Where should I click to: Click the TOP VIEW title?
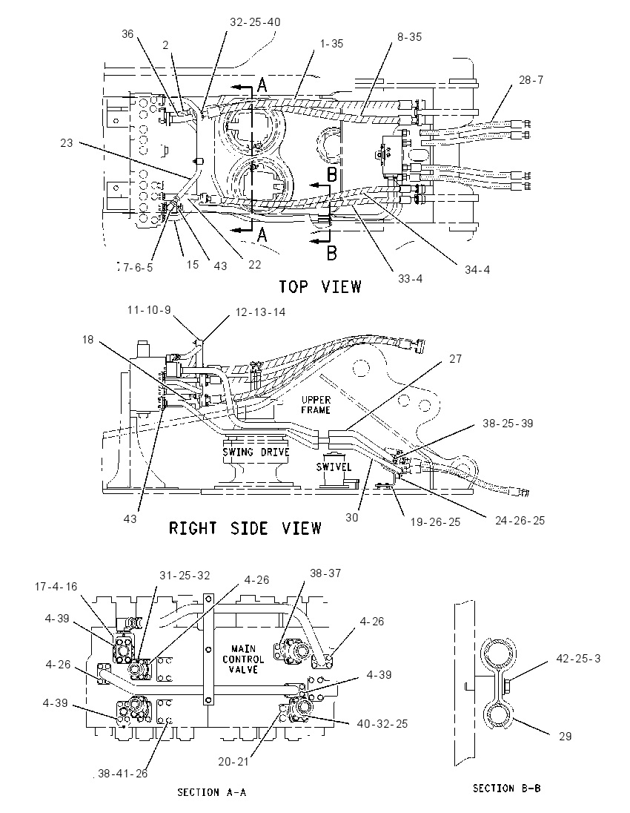pyautogui.click(x=320, y=286)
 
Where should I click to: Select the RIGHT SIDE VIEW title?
pyautogui.click(x=245, y=528)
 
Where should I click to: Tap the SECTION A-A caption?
pyautogui.click(x=211, y=792)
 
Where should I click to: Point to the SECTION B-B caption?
pyautogui.click(x=507, y=788)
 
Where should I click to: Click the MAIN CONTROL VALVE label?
pyautogui.click(x=244, y=659)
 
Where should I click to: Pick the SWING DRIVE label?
pyautogui.click(x=256, y=452)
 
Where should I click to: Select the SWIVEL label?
pyautogui.click(x=334, y=467)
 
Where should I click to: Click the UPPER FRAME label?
pyautogui.click(x=316, y=405)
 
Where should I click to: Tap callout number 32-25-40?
pyautogui.click(x=255, y=22)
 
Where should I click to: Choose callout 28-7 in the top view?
pyautogui.click(x=531, y=80)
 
